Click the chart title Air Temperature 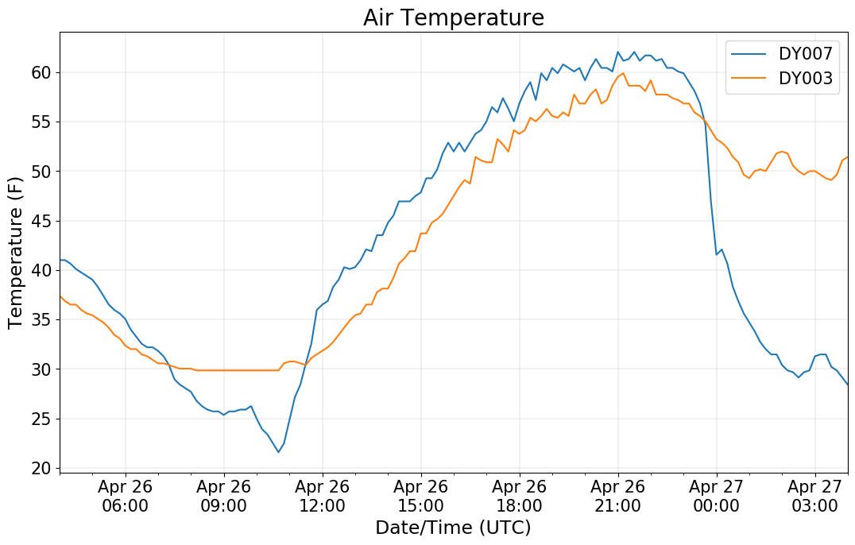coord(453,17)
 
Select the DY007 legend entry coord(805,54)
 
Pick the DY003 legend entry coord(805,80)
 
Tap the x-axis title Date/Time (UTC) coord(453,528)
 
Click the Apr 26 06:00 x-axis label coord(126,496)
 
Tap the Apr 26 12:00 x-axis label coord(323,496)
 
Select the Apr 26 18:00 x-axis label coord(520,496)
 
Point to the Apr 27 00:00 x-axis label coord(717,496)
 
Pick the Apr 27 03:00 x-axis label coord(815,496)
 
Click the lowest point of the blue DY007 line coord(278,452)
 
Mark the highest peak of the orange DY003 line coord(623,73)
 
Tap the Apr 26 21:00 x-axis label coord(618,496)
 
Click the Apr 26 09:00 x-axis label coord(224,496)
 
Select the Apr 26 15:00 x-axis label coord(421,496)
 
